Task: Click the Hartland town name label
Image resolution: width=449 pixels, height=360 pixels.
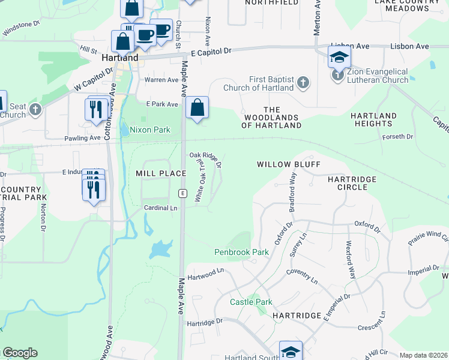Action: [120, 58]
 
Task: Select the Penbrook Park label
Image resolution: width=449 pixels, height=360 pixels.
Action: [241, 252]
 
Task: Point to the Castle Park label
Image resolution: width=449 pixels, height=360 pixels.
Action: [251, 302]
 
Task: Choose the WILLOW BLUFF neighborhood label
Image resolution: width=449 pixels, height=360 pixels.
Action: [289, 164]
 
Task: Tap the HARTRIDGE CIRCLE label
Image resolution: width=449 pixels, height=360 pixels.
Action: [352, 183]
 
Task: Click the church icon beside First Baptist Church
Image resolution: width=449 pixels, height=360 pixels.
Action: [304, 82]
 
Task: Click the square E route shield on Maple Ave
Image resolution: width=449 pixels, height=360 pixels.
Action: [182, 193]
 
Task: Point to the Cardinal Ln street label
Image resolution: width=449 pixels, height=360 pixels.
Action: [161, 208]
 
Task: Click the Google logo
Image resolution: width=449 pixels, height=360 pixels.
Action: [20, 353]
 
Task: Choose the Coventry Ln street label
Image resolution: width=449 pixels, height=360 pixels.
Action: [302, 275]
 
